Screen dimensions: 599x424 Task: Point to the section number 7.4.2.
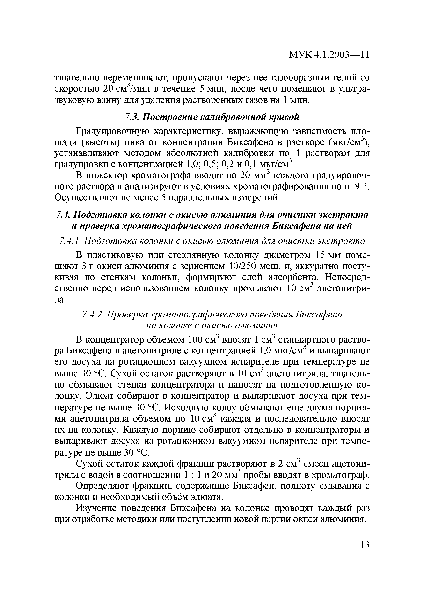pyautogui.click(x=93, y=315)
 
